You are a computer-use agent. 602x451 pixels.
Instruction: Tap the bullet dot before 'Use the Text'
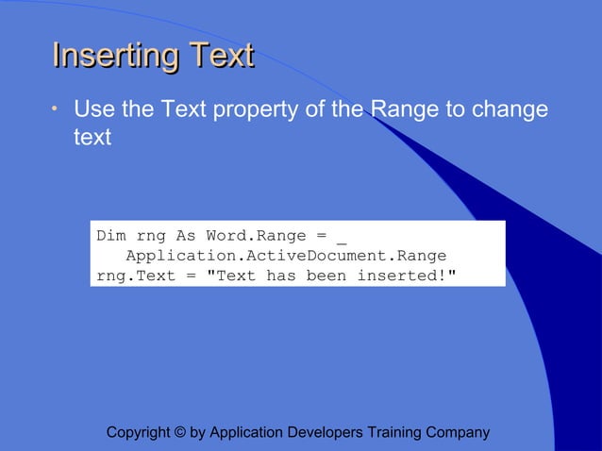coord(56,110)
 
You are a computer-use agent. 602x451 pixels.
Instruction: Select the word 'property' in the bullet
coord(251,109)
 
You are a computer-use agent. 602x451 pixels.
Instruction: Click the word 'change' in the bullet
coord(510,109)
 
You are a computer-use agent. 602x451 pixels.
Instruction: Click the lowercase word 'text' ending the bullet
coord(92,138)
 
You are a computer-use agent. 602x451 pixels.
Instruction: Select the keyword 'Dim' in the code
coord(111,236)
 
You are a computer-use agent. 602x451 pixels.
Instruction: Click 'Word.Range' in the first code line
coord(251,236)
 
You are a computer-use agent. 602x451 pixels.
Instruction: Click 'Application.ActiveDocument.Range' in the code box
coord(286,256)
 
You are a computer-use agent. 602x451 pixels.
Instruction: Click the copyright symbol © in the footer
coord(180,433)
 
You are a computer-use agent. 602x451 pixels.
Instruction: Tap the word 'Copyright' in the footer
coord(139,433)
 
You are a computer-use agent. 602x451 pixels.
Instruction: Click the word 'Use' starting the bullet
coord(91,109)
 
